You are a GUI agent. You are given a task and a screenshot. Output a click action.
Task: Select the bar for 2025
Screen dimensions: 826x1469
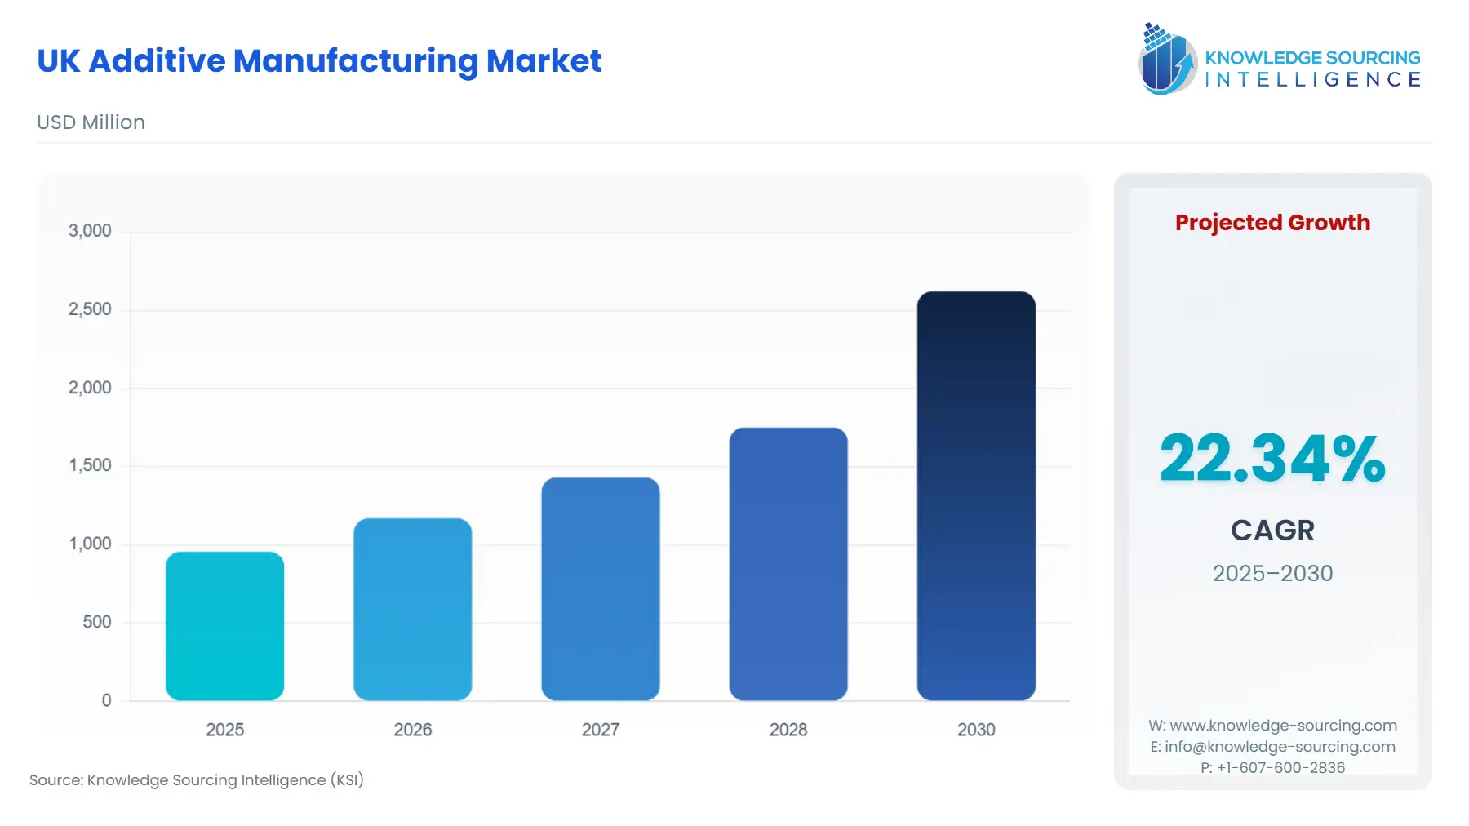click(224, 626)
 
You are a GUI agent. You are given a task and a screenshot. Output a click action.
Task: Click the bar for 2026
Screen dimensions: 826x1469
click(412, 609)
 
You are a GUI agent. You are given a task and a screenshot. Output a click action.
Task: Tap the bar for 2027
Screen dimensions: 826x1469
click(600, 588)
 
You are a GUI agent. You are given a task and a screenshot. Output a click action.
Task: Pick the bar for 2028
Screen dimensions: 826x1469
click(788, 564)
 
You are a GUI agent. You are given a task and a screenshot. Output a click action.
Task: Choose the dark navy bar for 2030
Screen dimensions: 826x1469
click(975, 495)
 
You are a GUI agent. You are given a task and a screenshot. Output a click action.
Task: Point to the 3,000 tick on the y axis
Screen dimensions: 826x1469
click(90, 231)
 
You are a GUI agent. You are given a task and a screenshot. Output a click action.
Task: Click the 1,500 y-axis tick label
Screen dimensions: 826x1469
click(90, 465)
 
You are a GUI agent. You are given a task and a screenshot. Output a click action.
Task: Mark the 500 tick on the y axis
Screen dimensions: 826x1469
click(96, 622)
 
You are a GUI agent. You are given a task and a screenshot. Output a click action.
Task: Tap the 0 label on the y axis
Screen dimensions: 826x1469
click(106, 700)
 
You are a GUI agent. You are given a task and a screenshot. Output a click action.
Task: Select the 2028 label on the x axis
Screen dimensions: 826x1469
click(788, 730)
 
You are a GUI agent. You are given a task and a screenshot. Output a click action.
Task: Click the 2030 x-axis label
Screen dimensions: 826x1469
click(975, 730)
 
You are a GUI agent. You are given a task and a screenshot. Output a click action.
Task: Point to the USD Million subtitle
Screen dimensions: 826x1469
click(91, 122)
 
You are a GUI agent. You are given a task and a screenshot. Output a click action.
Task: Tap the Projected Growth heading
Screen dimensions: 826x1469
click(1272, 223)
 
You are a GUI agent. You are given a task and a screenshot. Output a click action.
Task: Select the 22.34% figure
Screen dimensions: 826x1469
click(1272, 459)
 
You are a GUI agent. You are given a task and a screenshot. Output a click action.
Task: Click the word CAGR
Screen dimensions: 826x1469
click(1272, 531)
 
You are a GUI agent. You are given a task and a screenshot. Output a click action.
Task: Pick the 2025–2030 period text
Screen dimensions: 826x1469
click(1272, 573)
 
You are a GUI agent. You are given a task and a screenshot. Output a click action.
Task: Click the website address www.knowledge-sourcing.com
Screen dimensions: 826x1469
click(1283, 726)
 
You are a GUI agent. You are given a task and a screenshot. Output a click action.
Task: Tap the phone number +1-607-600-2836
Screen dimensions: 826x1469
click(1280, 768)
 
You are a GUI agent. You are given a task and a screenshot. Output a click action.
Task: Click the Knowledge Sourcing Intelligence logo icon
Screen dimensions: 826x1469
click(1167, 59)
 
